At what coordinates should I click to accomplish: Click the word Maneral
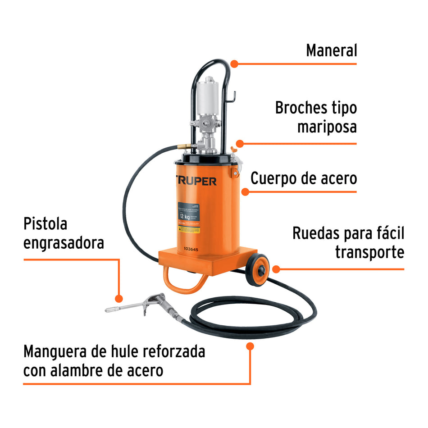[x=331, y=50]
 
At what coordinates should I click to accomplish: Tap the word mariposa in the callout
[x=327, y=127]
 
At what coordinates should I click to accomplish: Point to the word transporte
[x=369, y=252]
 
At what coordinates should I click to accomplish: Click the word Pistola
[x=45, y=223]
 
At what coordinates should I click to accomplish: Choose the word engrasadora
[x=64, y=243]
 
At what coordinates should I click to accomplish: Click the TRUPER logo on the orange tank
[x=195, y=181]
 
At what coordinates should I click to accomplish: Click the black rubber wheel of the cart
[x=257, y=270]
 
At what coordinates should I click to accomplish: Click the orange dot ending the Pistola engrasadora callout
[x=119, y=298]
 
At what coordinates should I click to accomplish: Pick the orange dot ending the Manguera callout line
[x=250, y=346]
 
